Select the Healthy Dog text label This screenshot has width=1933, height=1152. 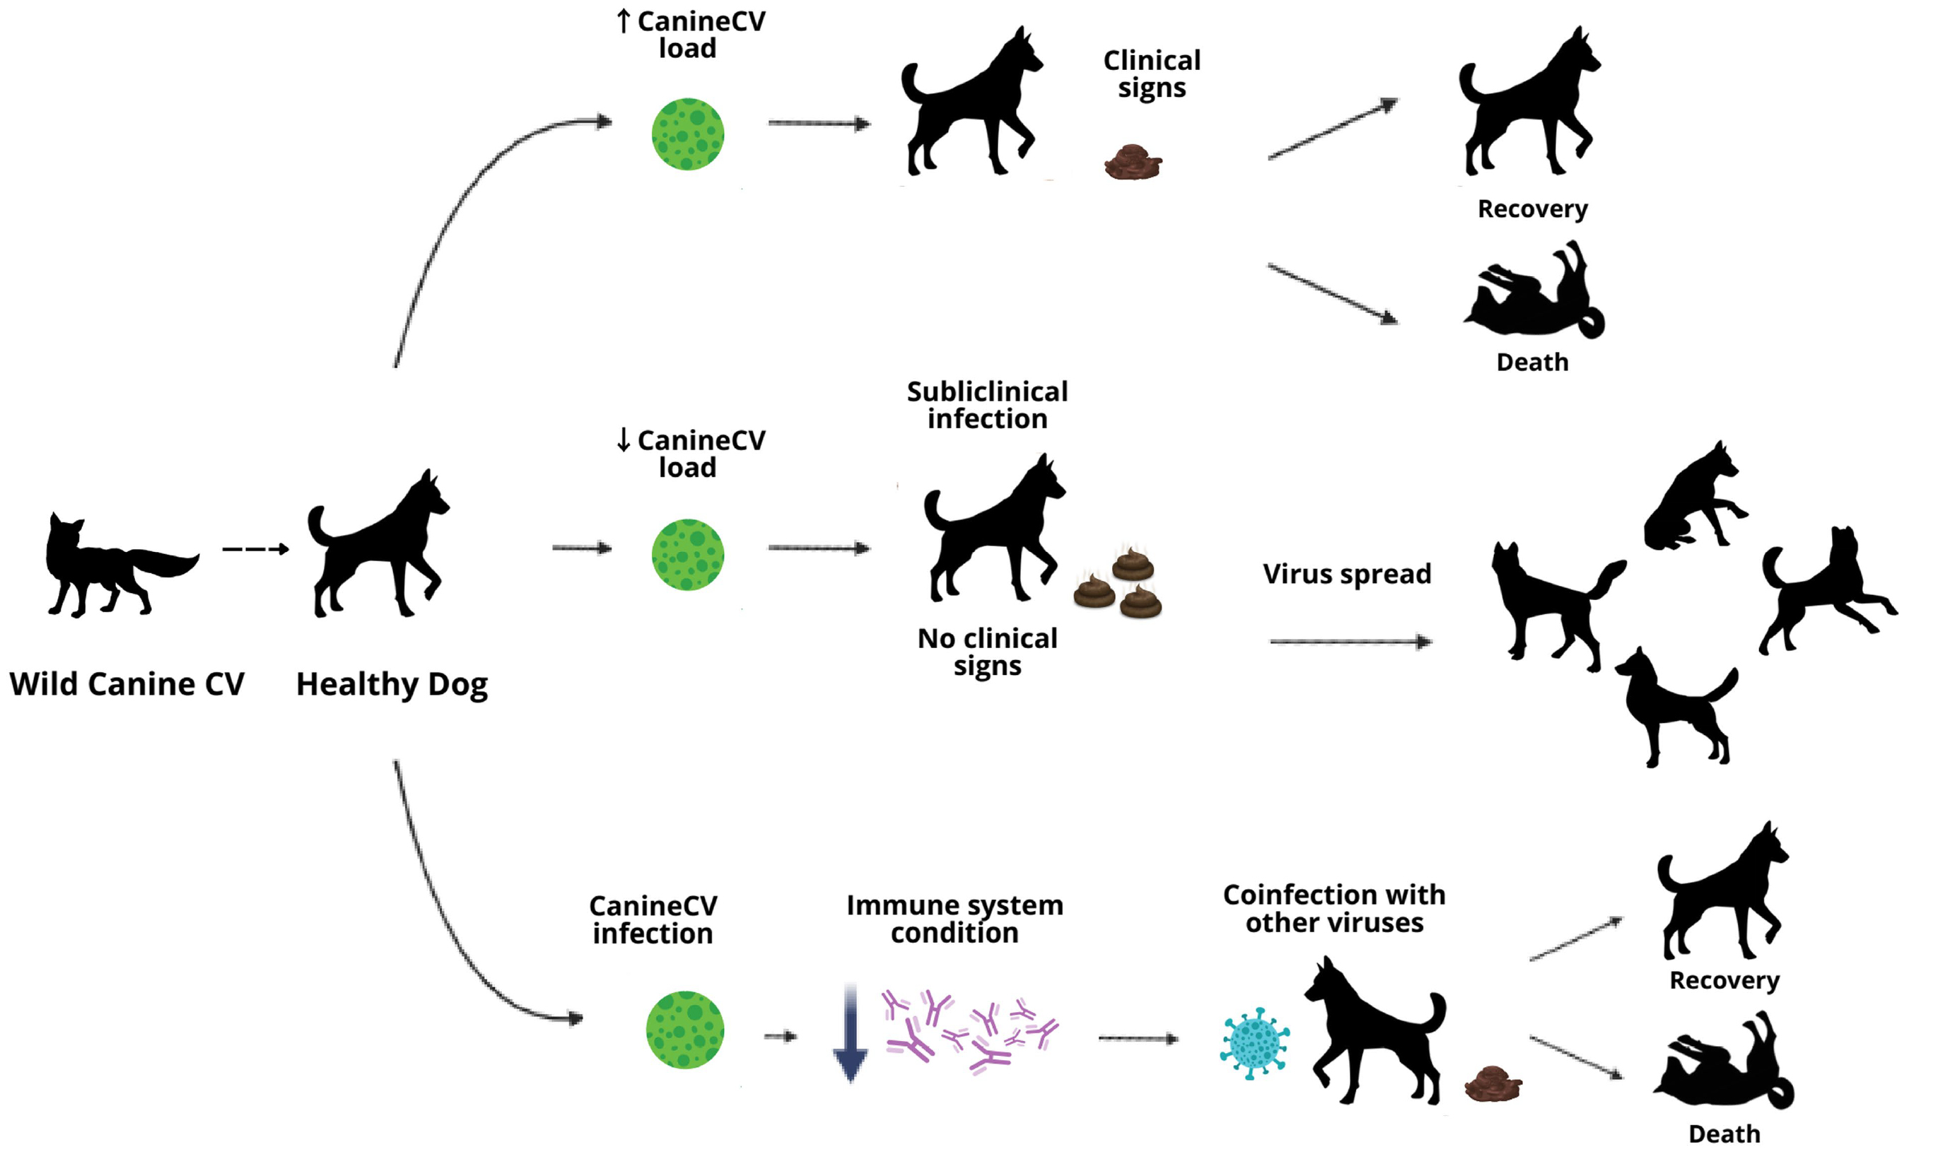(x=392, y=684)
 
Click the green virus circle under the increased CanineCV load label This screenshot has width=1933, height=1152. (x=687, y=134)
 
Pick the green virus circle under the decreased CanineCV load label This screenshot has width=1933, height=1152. (x=687, y=554)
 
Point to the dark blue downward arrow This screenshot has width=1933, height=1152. (x=851, y=1033)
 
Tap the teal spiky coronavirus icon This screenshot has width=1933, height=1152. (x=1254, y=1043)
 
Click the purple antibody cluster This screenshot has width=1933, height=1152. (x=971, y=1029)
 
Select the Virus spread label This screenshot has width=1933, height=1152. (x=1347, y=574)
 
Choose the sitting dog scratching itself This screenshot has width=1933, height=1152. (x=1693, y=500)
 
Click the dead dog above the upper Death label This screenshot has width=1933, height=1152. (x=1534, y=295)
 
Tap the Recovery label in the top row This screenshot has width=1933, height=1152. (x=1532, y=208)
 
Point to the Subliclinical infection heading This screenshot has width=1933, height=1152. (x=987, y=405)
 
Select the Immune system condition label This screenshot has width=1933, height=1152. (x=954, y=918)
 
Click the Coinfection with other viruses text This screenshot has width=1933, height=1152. (x=1333, y=908)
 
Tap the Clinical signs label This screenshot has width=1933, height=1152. (x=1152, y=74)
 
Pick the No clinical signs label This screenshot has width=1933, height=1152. (x=987, y=652)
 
